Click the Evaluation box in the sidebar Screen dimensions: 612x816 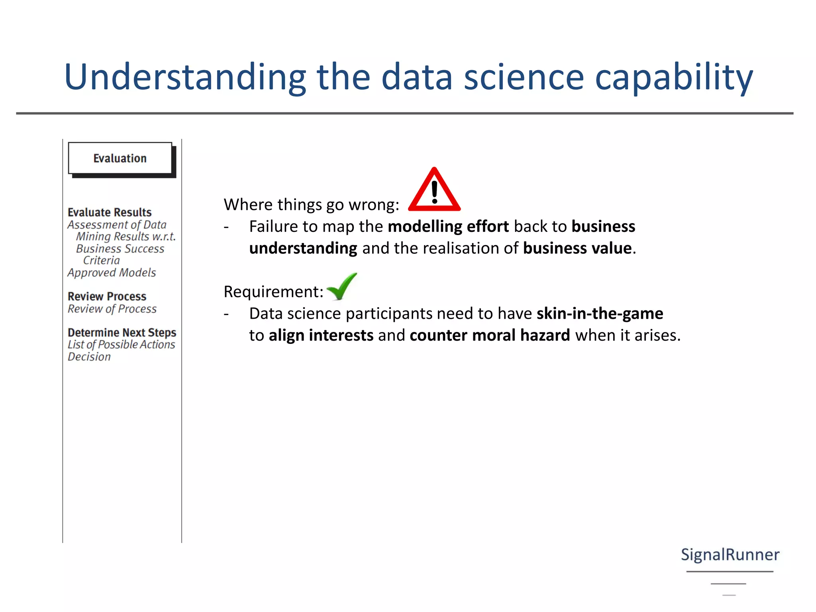120,158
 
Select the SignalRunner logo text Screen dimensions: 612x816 730,555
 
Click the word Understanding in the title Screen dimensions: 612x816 185,77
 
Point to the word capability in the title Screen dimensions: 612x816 674,77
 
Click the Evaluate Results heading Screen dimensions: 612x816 110,212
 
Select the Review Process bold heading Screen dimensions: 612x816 107,296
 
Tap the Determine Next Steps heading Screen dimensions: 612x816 122,332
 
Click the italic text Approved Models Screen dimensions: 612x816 112,273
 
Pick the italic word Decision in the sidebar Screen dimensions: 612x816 89,357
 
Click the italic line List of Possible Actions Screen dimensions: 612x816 121,344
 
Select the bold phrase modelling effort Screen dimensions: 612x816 448,226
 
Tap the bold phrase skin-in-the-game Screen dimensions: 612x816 600,314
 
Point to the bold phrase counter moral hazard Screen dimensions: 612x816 490,335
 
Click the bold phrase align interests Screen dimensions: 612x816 321,335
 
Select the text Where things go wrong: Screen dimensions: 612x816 311,205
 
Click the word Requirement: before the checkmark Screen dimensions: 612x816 273,292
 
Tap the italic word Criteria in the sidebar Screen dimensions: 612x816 101,260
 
